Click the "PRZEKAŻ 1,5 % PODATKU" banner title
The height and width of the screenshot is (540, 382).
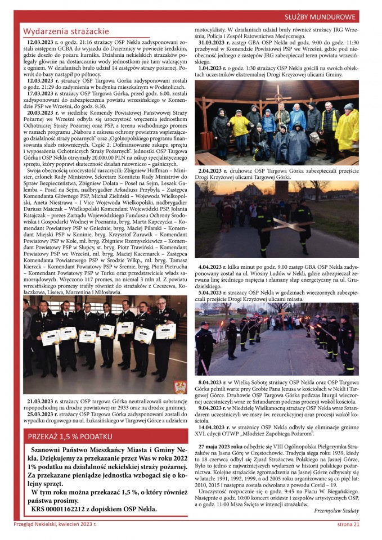pyautogui.click(x=70, y=436)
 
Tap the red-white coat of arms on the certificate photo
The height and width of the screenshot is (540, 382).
pyautogui.click(x=180, y=386)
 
